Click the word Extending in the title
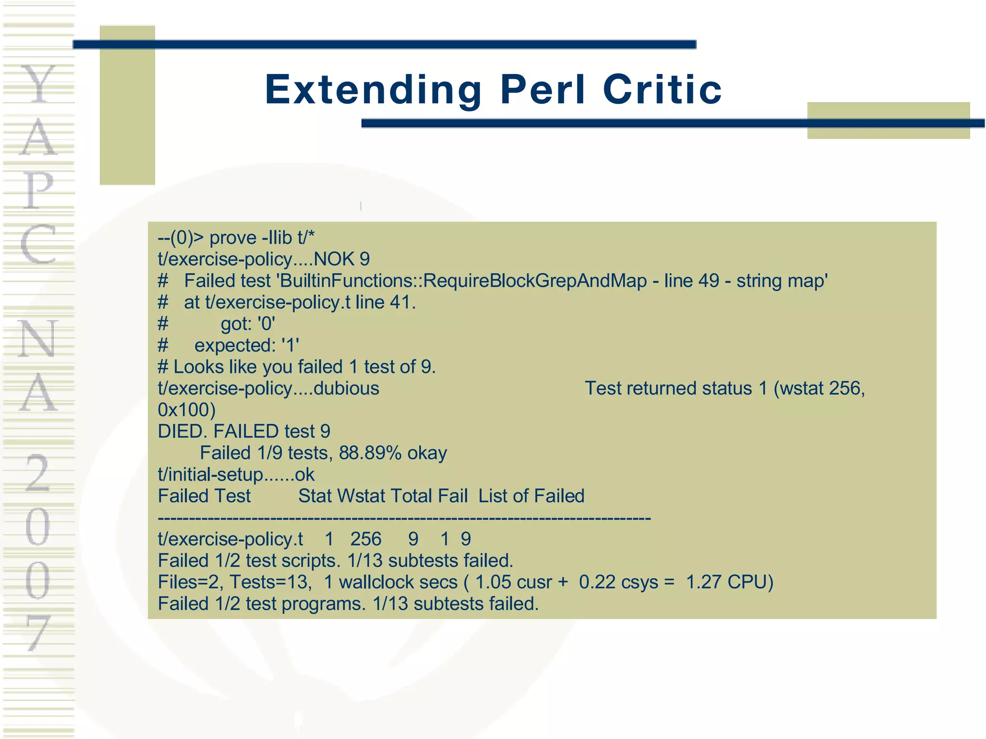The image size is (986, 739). click(x=373, y=90)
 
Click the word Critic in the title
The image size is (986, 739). click(x=662, y=89)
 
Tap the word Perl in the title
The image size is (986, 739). click(x=543, y=89)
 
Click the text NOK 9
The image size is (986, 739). click(x=342, y=259)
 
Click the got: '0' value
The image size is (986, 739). click(x=248, y=324)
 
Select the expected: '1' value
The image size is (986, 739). click(x=246, y=345)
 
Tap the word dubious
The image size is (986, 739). click(x=347, y=388)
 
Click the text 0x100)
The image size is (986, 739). click(x=187, y=410)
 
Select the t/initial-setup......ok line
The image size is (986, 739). click(x=236, y=475)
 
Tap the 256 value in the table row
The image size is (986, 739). click(x=366, y=539)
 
